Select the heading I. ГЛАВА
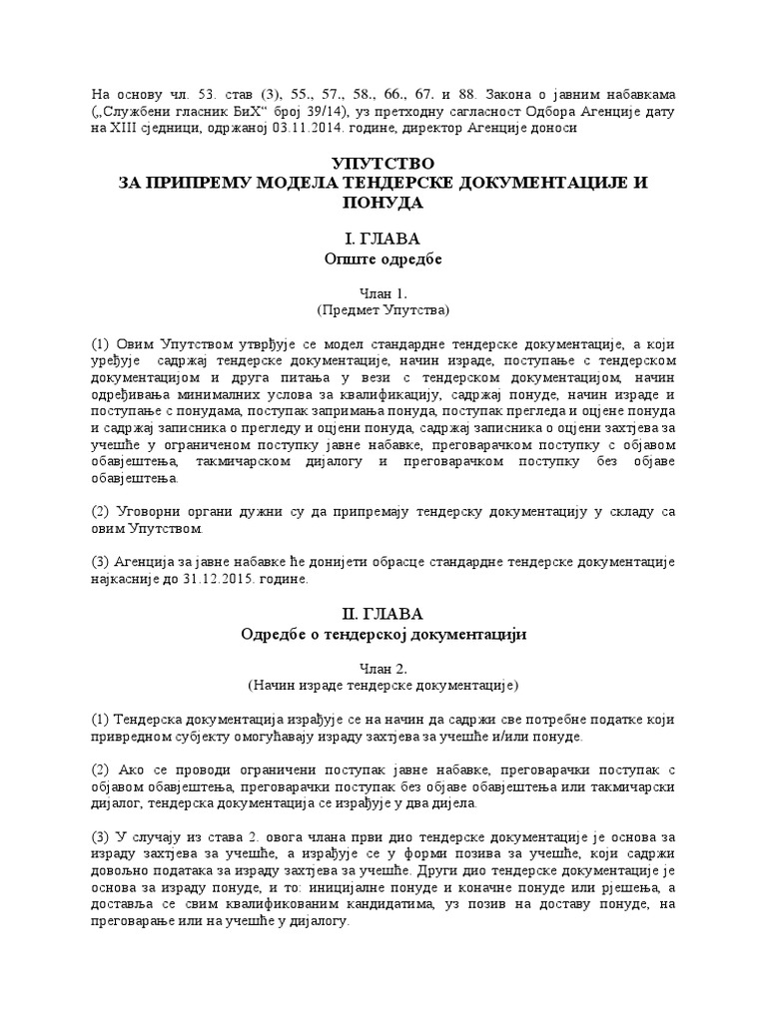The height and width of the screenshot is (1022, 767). click(383, 240)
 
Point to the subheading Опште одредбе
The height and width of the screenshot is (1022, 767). click(383, 258)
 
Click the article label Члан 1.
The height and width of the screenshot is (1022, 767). click(383, 291)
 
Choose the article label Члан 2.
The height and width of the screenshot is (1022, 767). click(383, 666)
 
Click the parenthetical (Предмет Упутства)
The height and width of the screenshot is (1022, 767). click(383, 309)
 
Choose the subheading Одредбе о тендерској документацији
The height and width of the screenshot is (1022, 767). click(383, 633)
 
